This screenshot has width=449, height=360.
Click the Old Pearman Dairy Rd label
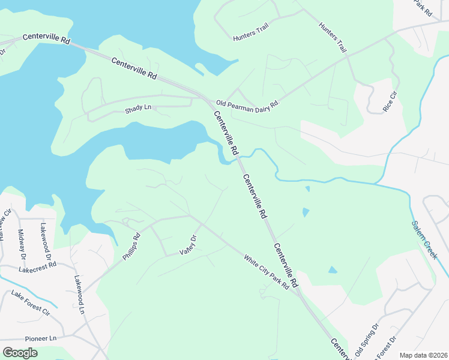[249, 104]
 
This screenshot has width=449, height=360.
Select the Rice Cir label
[390, 101]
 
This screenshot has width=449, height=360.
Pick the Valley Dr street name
[188, 245]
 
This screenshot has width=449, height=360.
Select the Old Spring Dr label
[367, 340]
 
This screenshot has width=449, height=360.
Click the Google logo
[20, 353]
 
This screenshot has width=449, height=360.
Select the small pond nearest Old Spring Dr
[333, 269]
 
